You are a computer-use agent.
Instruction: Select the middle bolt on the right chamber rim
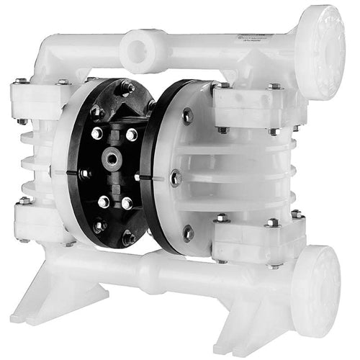pyautogui.click(x=174, y=176)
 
